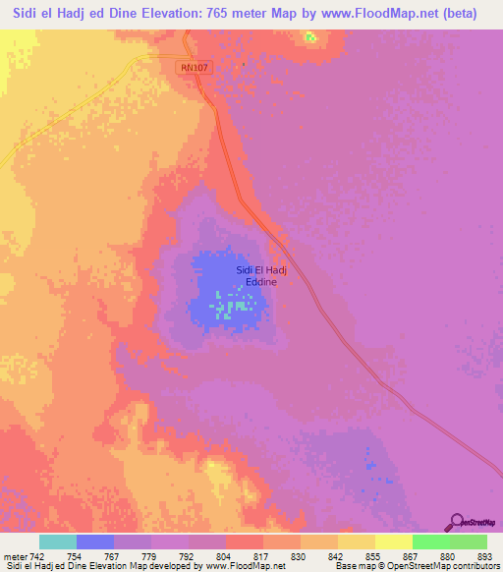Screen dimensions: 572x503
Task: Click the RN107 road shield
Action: pos(196,66)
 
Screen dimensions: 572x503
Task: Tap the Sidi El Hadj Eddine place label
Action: pos(257,276)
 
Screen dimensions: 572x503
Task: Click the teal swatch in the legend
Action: pos(58,542)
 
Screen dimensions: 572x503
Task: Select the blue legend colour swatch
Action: pos(95,542)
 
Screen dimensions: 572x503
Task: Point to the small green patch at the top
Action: pos(310,38)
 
